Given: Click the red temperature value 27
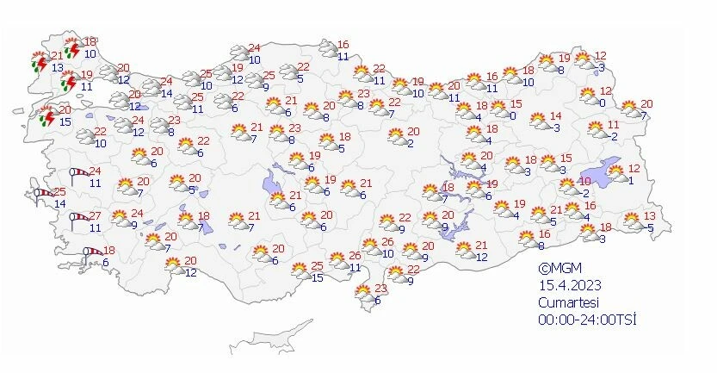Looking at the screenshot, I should coord(96,215).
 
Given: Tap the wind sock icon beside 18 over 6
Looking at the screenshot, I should coord(92,254).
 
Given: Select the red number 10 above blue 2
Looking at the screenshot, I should coord(585,182).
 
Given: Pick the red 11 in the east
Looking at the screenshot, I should coord(613,125).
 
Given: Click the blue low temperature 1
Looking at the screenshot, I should coord(631,179).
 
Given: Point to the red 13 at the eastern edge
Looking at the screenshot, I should coord(650,216).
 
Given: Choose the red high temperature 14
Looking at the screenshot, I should coord(556,116).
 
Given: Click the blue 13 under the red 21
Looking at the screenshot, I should coord(33,68).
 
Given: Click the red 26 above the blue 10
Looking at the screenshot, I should coord(387,242).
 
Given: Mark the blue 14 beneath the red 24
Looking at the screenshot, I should coord(166,93).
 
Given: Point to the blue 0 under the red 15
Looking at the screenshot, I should coord(512,115).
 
